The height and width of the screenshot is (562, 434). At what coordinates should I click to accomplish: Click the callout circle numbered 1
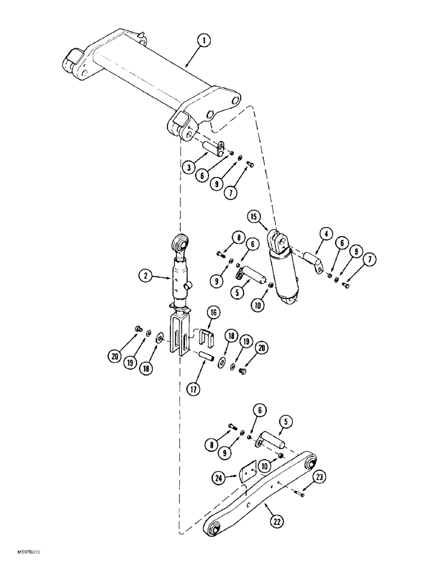(x=205, y=41)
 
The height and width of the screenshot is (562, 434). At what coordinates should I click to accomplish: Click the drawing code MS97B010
(x=20, y=554)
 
